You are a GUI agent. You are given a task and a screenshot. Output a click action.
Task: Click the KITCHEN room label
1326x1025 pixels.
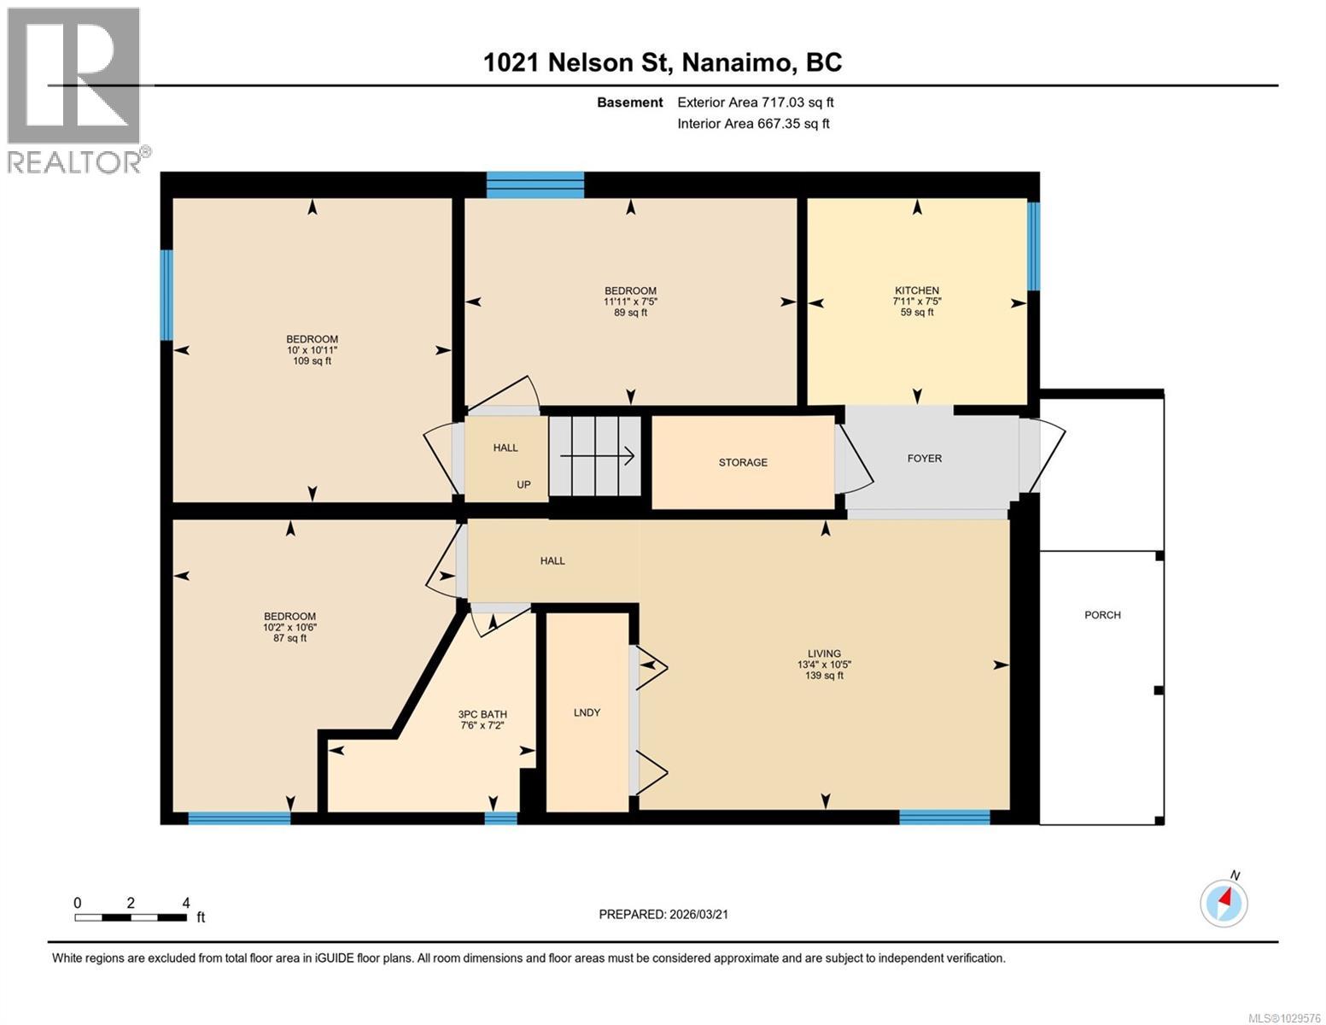(917, 290)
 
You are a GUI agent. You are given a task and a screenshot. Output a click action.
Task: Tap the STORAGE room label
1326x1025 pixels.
(742, 462)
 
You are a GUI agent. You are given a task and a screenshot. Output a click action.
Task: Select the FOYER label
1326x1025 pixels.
(924, 459)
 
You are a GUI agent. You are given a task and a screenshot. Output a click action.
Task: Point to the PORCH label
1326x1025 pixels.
(1101, 615)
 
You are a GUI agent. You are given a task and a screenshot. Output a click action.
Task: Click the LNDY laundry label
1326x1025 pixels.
(587, 712)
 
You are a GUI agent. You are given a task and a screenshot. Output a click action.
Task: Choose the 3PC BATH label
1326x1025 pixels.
(482, 714)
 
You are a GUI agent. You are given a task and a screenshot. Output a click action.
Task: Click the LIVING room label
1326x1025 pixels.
(824, 653)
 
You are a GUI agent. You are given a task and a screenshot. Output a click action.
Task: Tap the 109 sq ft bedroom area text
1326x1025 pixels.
(312, 361)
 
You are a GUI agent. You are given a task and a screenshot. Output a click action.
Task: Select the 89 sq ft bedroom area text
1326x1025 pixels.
(630, 313)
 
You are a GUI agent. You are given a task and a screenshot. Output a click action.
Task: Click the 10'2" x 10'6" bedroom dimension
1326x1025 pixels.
(289, 627)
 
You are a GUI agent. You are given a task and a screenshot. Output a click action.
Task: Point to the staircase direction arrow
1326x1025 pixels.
(597, 457)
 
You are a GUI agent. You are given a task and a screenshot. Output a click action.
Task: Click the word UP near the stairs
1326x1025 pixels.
(523, 484)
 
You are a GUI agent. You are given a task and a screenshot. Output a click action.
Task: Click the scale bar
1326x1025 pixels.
(131, 917)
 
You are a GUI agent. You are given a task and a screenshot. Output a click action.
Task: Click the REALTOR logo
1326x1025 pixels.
(75, 90)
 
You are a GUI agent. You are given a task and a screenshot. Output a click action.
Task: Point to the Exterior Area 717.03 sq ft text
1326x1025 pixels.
(755, 102)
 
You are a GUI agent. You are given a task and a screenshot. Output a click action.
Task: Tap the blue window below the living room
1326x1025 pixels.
(944, 817)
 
